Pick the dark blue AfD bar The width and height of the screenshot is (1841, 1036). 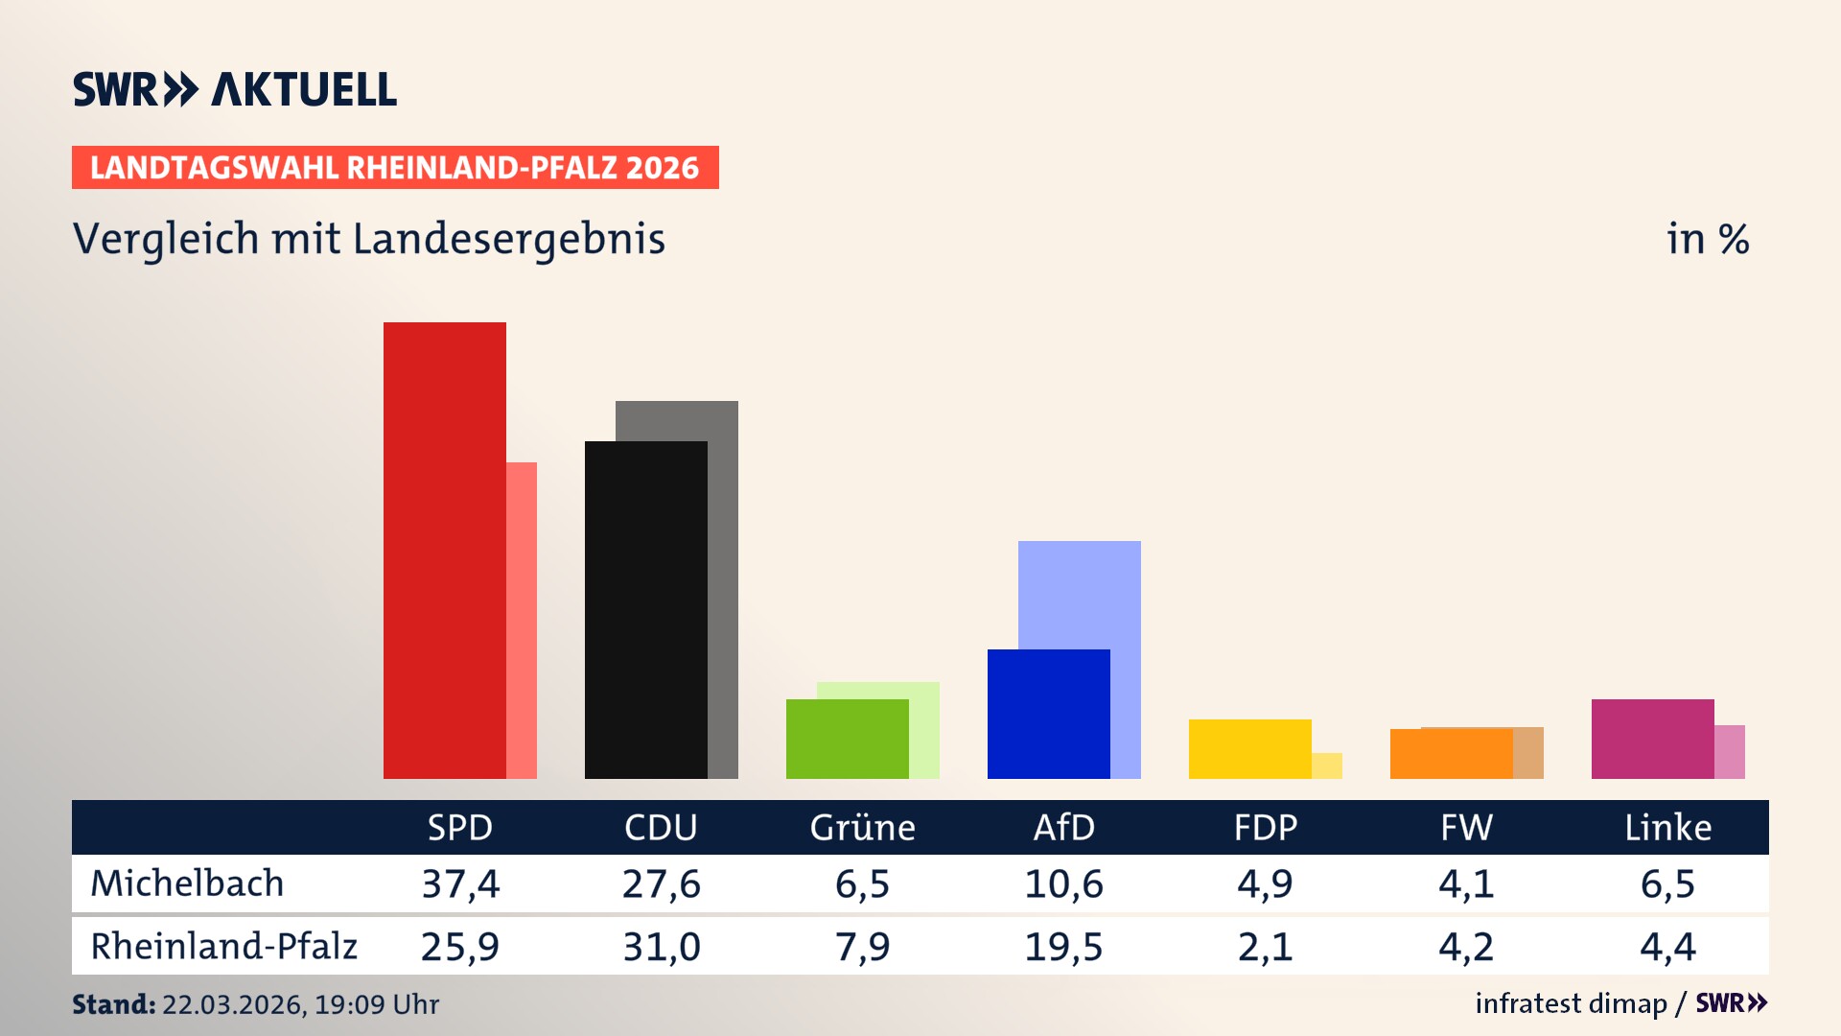pyautogui.click(x=1048, y=714)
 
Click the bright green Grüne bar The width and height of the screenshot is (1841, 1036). pyautogui.click(x=847, y=739)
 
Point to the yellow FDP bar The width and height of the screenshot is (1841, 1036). pyautogui.click(x=1249, y=748)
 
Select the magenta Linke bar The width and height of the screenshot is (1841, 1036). pyautogui.click(x=1652, y=739)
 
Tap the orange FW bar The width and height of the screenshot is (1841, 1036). pyautogui.click(x=1451, y=754)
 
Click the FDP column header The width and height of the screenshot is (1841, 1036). pyautogui.click(x=1265, y=827)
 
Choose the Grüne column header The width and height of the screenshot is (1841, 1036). pyautogui.click(x=862, y=827)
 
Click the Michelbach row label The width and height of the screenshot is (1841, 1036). pyautogui.click(x=187, y=883)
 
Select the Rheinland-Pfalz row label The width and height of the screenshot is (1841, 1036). pyautogui.click(x=223, y=947)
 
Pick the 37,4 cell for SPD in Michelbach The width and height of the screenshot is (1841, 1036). pyautogui.click(x=460, y=883)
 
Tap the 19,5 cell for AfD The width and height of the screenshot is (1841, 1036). pyautogui.click(x=1063, y=947)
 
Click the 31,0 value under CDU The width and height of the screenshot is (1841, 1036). pyautogui.click(x=661, y=947)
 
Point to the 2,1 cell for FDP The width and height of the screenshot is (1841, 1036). pyautogui.click(x=1265, y=947)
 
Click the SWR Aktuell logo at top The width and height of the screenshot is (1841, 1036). pyautogui.click(x=235, y=89)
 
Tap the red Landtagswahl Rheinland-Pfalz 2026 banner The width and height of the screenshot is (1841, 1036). pyautogui.click(x=395, y=168)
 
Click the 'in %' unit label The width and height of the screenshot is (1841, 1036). pyautogui.click(x=1707, y=239)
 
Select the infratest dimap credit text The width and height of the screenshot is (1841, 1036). pyautogui.click(x=1571, y=1003)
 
